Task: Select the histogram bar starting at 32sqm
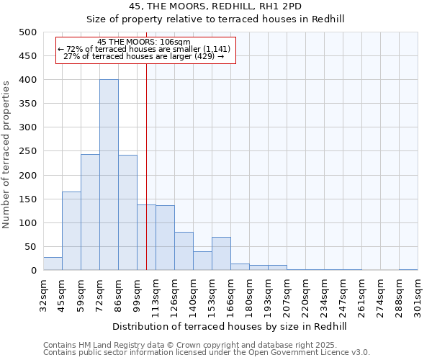coord(53,264)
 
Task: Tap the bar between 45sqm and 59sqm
coord(71,231)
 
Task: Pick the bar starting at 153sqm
coord(221,253)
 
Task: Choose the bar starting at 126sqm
coord(184,251)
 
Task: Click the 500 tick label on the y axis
coord(27,32)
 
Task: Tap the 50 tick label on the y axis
coord(30,247)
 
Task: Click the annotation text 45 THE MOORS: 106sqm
coord(144,42)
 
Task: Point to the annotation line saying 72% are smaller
coord(144,49)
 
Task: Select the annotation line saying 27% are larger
coord(144,56)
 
